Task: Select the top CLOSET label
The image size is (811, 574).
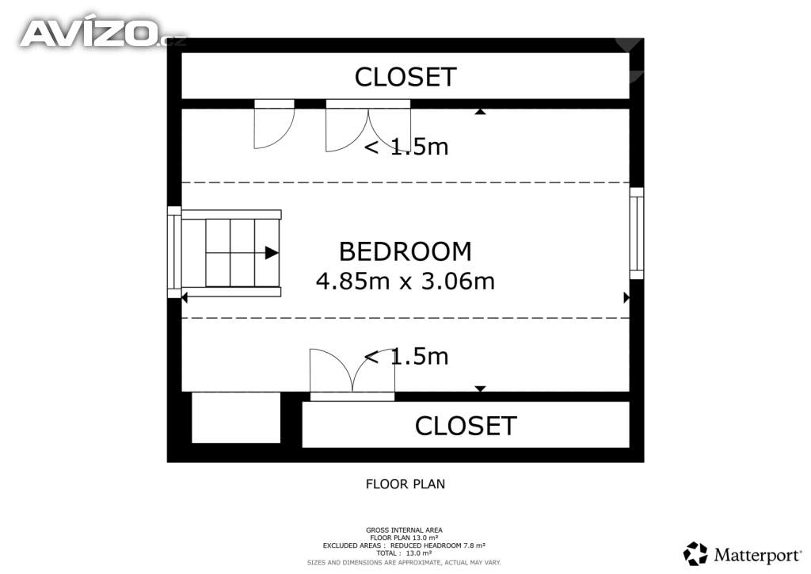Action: coord(405,77)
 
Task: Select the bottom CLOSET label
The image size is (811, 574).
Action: coord(466,426)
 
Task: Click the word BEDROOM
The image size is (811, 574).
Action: coord(405,251)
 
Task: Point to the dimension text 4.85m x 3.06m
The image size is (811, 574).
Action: coord(405,281)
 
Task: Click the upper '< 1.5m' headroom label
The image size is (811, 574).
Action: coord(405,147)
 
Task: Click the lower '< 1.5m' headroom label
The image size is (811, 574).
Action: coord(405,357)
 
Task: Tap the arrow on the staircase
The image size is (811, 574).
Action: coord(272,253)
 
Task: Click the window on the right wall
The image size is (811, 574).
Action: coord(637,233)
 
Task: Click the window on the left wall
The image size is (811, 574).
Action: coord(174,252)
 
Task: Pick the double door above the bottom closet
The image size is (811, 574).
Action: coord(352,374)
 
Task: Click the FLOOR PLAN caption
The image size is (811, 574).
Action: coord(405,483)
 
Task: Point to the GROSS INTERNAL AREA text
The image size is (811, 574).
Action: coord(404,530)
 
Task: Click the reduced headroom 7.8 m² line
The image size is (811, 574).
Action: coord(404,545)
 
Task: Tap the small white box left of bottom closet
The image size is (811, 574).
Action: coord(236,418)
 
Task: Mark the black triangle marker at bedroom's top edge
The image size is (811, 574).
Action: coord(480,112)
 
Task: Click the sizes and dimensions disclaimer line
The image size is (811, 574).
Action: coord(404,561)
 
